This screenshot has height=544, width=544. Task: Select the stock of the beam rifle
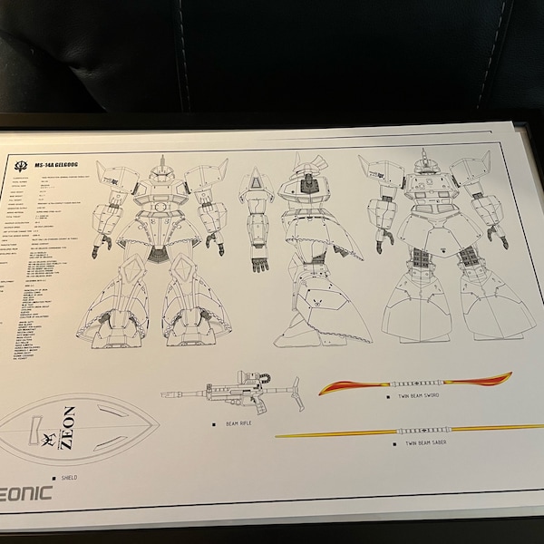[290, 391]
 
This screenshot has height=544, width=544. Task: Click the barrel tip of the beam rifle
[164, 394]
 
